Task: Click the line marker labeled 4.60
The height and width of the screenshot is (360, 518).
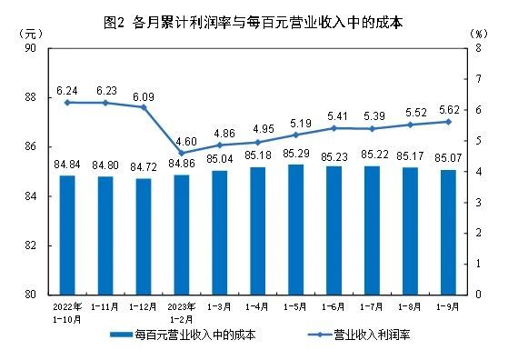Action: point(182,153)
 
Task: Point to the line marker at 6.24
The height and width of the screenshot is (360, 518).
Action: point(67,103)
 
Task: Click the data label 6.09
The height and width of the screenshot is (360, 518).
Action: point(144,93)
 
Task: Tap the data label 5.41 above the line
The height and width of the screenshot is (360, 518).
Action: point(334,115)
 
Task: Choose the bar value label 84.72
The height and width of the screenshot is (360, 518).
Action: point(144,167)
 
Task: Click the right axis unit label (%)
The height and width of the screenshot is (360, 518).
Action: point(480,33)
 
